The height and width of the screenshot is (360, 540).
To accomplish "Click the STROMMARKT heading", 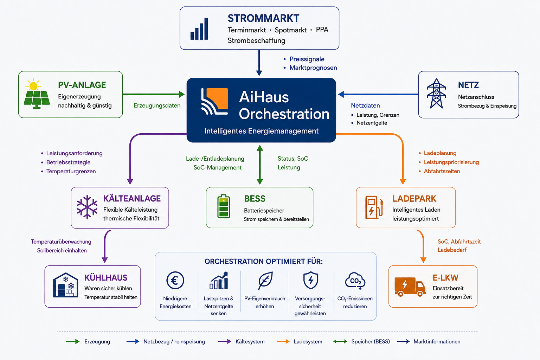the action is (x=263, y=18).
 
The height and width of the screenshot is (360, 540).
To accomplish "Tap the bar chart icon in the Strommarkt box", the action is (x=199, y=29).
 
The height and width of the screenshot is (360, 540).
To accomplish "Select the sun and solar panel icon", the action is (x=37, y=93).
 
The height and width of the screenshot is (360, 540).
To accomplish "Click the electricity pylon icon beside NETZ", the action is (x=436, y=93).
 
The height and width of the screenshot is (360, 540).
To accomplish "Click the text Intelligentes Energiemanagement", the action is (x=261, y=131).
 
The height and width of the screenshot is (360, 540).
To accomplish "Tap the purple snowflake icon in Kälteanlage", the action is (x=87, y=207).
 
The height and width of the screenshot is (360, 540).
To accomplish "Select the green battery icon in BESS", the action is (x=224, y=206).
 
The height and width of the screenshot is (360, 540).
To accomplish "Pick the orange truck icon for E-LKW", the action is (x=410, y=287).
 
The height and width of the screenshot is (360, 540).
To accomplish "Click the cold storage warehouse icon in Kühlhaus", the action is (x=66, y=285).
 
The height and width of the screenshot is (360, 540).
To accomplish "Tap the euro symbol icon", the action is (x=175, y=280).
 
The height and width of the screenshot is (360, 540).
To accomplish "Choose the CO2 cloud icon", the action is (x=355, y=281).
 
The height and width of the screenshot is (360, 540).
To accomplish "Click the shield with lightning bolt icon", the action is (x=310, y=280).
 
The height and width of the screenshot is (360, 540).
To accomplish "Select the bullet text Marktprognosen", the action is (x=313, y=68).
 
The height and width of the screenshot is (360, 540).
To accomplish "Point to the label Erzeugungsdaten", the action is (x=157, y=105).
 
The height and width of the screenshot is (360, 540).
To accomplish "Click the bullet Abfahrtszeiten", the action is (x=442, y=171).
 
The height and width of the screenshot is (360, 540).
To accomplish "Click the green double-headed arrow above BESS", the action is (x=260, y=165).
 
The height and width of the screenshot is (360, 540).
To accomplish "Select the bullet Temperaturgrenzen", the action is (x=71, y=172).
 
